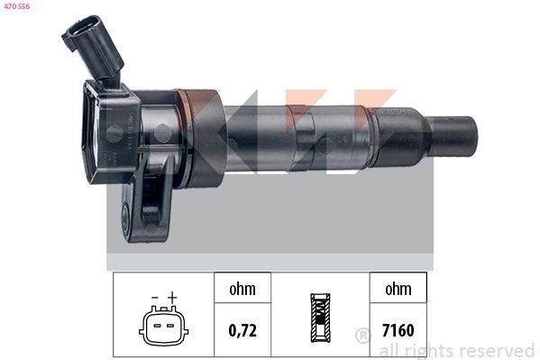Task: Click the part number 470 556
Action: [x=17, y=7]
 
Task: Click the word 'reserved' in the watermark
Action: [x=497, y=351]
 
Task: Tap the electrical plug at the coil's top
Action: [x=91, y=45]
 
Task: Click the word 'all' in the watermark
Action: [x=389, y=351]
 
